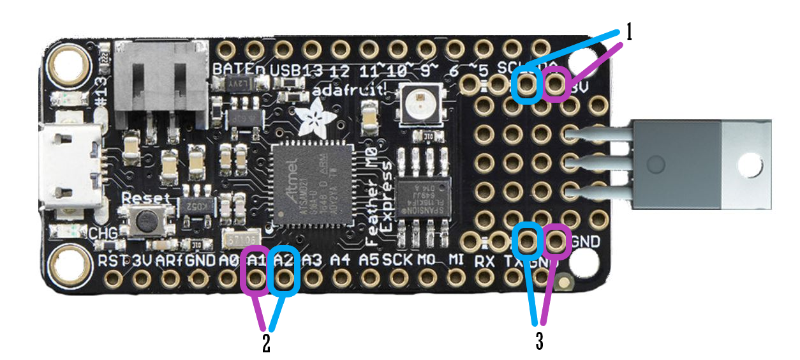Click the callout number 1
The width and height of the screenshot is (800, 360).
point(628,33)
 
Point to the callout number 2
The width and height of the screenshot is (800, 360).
point(267,343)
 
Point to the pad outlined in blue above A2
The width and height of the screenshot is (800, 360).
point(284,279)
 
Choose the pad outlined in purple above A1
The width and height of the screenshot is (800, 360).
point(255,279)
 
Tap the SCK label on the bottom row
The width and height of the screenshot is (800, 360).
point(397,260)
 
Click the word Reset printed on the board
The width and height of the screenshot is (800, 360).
point(146,197)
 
